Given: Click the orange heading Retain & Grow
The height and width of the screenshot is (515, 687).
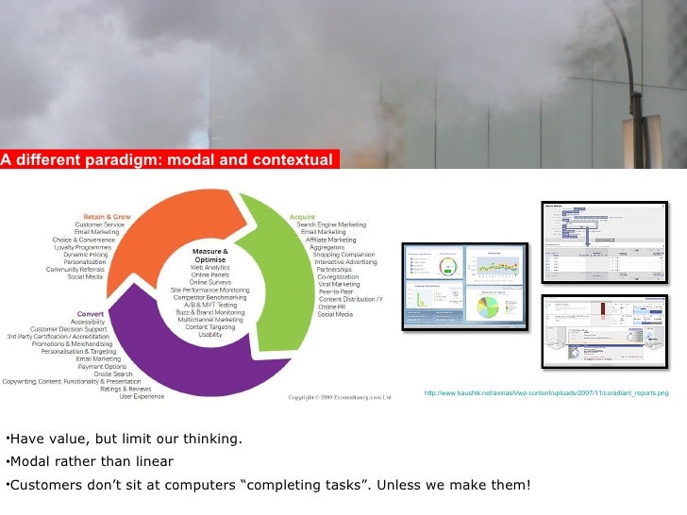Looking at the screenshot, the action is [109, 216].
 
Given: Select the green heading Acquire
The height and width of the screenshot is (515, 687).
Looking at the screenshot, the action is [302, 215].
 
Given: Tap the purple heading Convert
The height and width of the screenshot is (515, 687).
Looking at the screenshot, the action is [90, 313].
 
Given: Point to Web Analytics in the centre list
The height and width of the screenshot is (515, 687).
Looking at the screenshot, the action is [210, 268].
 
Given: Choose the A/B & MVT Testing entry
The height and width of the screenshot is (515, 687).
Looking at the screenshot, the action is [211, 305].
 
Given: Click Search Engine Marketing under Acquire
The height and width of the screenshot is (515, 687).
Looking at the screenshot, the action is [332, 224].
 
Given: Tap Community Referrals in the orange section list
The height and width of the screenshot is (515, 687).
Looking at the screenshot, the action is [75, 269].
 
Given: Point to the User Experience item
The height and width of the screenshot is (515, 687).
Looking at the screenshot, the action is [142, 396].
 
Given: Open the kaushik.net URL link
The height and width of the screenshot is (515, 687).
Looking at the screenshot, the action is [545, 392].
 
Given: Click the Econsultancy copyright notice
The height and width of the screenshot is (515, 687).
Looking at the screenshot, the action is [339, 397].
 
